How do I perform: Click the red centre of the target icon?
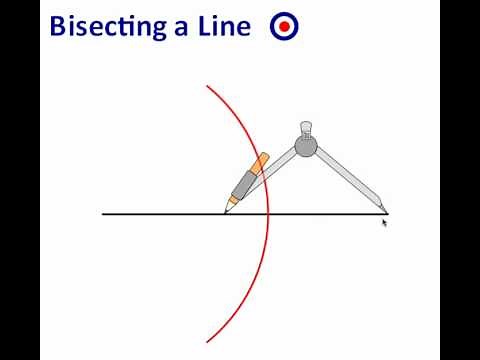[284, 27]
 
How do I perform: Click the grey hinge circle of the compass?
[306, 146]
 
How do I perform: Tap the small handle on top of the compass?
[306, 129]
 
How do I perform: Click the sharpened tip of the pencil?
[227, 210]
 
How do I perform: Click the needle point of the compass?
[385, 211]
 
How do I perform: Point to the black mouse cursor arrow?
[384, 223]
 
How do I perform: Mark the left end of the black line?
[103, 214]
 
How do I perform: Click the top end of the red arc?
[207, 87]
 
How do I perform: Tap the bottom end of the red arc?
[207, 342]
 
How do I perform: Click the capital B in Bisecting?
[58, 26]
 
